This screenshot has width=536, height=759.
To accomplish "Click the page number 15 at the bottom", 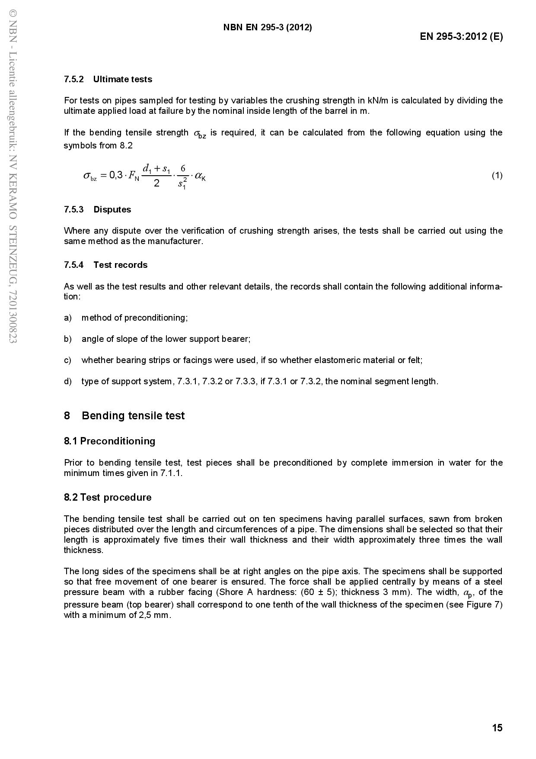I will coord(497,727).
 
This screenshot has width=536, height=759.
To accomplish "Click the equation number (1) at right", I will coord(497,175).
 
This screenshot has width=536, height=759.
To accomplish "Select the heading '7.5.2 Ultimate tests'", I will coord(108,79).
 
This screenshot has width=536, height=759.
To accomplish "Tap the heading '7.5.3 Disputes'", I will coord(97,209).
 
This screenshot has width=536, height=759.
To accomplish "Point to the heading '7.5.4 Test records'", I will coord(105,265).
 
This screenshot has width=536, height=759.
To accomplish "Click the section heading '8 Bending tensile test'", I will coord(124,415).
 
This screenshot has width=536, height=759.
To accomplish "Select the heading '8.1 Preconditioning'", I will coord(109,441).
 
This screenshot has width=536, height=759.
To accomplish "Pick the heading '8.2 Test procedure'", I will coord(108,497).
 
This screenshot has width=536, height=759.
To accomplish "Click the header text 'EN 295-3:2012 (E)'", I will coord(461,36).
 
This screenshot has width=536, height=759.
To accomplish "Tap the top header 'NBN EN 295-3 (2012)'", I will coord(268,27).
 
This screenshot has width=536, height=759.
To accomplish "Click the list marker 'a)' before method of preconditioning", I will coord(67,318).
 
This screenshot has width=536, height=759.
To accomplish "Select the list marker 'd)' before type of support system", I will coord(67,381).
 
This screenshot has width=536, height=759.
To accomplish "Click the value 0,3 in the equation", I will coord(116,175).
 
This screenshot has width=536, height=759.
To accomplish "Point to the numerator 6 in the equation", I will coord(183,168).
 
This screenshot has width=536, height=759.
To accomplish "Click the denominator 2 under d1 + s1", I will coord(156,183).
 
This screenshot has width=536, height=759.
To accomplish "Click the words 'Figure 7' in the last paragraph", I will coord(485,604).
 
